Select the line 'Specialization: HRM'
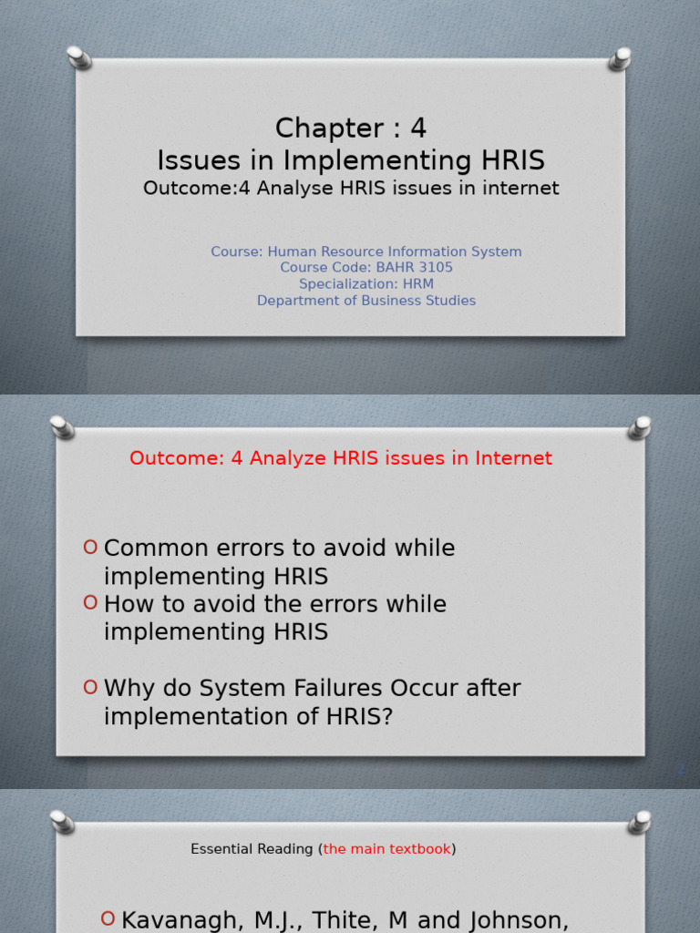366,284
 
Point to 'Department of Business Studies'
366,301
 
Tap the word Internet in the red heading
510,458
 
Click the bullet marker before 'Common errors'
90,547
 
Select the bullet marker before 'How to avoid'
90,602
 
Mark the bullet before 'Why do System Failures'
90,687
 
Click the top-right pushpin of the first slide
621,58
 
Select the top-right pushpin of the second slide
640,427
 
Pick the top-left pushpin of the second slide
62,426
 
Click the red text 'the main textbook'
386,849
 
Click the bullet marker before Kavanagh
108,918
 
